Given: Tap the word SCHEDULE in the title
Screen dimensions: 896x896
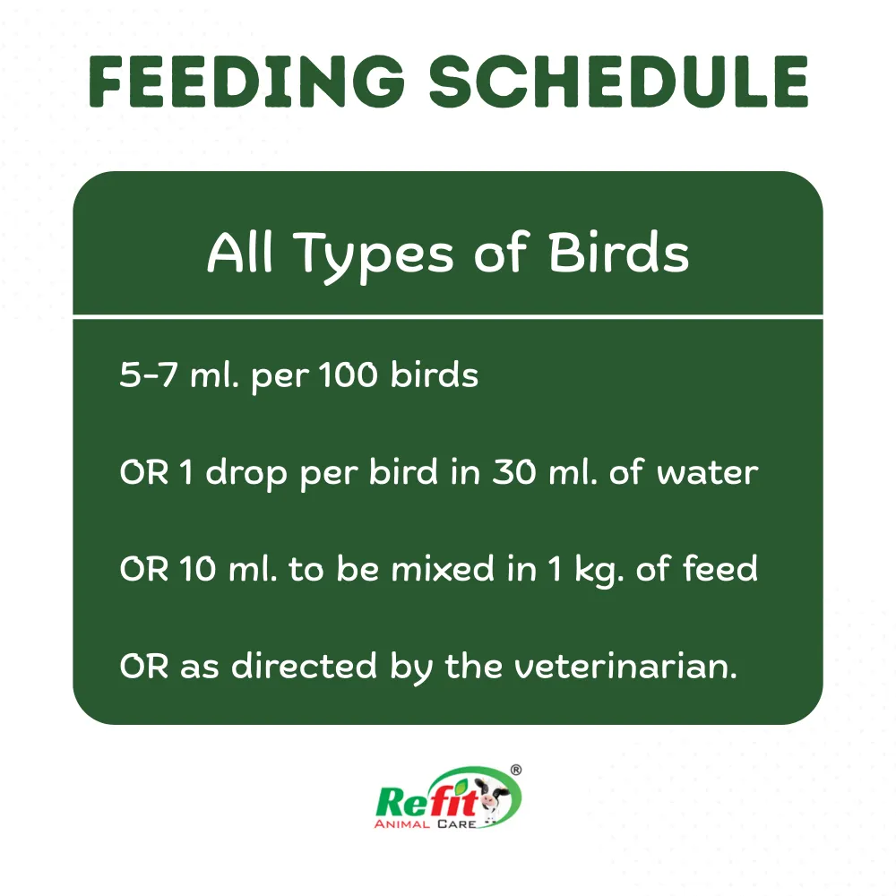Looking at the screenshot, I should click(619, 82).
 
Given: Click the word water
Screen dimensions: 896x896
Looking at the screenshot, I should click(707, 472).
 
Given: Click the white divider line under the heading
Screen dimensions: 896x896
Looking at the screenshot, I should click(448, 315).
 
